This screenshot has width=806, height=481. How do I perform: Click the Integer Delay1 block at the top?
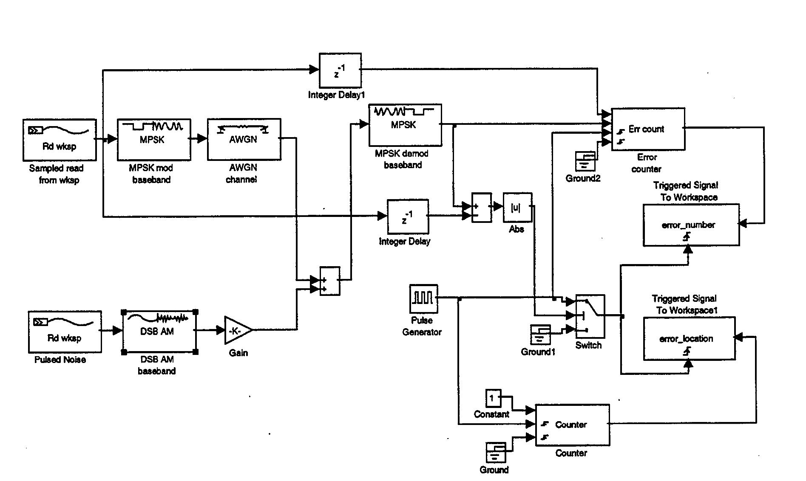pos(340,70)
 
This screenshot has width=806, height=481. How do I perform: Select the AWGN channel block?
pos(244,139)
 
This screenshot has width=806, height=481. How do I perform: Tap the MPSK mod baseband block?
pos(153,139)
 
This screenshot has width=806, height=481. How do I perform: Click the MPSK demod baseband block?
pos(405,125)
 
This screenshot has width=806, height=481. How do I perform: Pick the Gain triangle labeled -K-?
pos(236,330)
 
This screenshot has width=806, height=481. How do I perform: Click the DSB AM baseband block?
pos(159,332)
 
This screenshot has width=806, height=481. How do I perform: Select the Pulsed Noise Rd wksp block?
pos(65,332)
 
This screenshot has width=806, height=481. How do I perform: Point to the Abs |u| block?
pos(517,208)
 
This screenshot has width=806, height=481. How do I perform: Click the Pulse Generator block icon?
pos(423,298)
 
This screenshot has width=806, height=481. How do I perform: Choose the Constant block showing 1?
pos(493,398)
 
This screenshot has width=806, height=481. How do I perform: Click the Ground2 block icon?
pos(585,162)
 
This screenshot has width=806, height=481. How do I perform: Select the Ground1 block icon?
pos(540,335)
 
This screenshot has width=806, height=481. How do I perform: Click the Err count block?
pos(647,129)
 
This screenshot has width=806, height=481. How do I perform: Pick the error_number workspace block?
pos(690,225)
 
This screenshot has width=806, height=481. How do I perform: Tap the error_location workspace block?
pos(689,339)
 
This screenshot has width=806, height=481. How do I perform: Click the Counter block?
pos(572,425)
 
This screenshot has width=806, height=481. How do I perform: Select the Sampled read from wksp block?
pos(60,140)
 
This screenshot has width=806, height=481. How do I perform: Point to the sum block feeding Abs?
pos(481,208)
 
